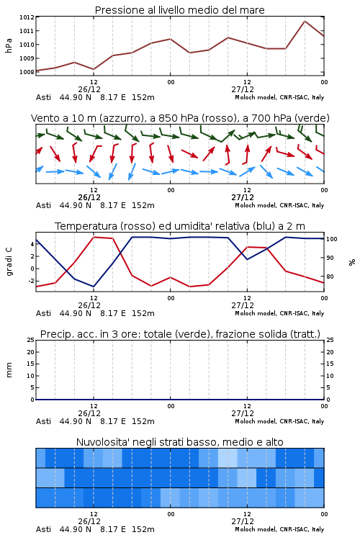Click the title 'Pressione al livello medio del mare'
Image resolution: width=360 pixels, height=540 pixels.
click(x=179, y=10)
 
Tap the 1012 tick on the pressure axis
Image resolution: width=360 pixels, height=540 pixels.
click(x=27, y=17)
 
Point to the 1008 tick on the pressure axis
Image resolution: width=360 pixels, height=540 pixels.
click(x=27, y=72)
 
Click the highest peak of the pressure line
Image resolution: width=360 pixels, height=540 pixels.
click(x=305, y=21)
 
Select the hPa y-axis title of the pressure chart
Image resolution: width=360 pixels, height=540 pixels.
click(x=9, y=45)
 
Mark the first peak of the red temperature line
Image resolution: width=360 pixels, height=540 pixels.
click(x=94, y=237)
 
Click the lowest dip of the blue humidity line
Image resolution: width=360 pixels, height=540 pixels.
click(x=94, y=287)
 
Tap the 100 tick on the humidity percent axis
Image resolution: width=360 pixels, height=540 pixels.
click(x=332, y=239)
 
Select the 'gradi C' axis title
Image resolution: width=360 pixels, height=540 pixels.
click(x=9, y=261)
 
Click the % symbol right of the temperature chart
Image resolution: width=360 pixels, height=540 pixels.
click(x=352, y=262)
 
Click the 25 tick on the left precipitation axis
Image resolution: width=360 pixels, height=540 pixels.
click(x=31, y=340)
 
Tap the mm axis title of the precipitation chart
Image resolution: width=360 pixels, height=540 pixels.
click(x=9, y=370)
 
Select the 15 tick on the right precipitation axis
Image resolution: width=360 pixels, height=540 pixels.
click(x=330, y=364)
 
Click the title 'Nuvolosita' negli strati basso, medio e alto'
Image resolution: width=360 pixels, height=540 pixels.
click(x=179, y=442)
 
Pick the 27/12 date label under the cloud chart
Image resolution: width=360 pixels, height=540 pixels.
click(x=243, y=521)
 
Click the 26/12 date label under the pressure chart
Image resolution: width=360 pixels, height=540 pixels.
click(x=89, y=89)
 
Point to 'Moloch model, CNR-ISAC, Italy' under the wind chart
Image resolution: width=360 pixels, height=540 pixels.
click(x=279, y=205)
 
